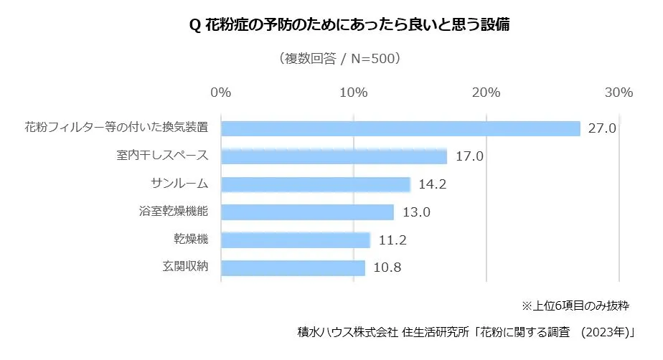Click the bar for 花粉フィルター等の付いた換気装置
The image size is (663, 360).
pos(400,128)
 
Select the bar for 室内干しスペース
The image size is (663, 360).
pos(334,156)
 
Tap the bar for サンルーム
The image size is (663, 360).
pos(315,184)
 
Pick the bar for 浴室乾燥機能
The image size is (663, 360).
pos(307,212)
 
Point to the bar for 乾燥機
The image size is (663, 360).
pos(295,240)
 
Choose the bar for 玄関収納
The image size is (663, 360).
pos(293,267)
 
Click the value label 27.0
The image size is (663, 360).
pos(603,129)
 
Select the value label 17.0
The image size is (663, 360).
pos(469,157)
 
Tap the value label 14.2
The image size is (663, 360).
pos(433,184)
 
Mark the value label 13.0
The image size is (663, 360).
pos(416,212)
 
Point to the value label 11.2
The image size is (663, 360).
pos(392,240)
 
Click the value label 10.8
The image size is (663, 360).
pos(387,268)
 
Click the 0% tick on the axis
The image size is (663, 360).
pos(221,93)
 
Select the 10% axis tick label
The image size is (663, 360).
pos(353,93)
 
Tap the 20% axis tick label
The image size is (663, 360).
pos(486,93)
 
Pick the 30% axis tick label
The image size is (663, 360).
pos(619,93)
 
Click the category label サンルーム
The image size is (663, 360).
pos(179,184)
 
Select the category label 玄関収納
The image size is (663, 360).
pos(185,267)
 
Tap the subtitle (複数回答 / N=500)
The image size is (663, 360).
pos(339,59)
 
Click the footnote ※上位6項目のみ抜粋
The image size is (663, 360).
pos(575,305)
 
